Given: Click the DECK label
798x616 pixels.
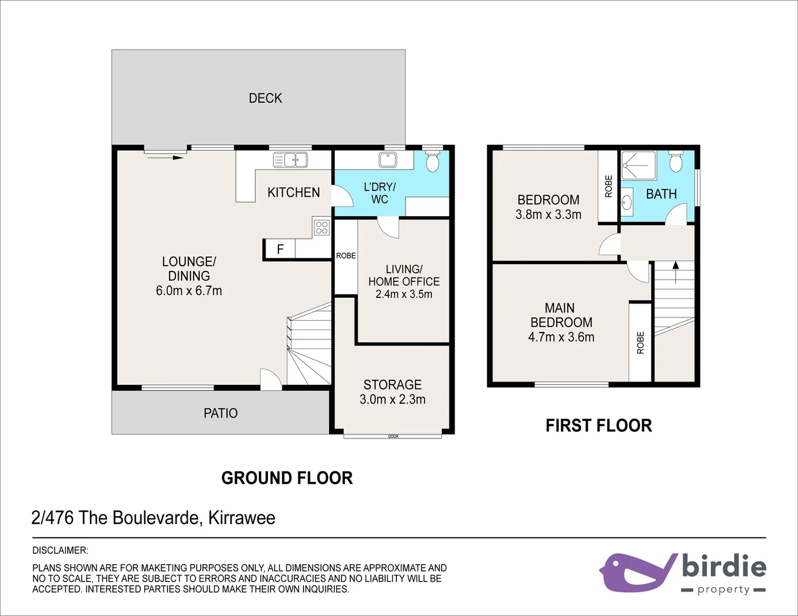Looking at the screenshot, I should click(265, 98).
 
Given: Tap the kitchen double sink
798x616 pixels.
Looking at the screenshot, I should click(290, 160).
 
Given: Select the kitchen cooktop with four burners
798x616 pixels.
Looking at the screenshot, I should click(322, 228).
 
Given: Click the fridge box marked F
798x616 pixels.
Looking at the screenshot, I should click(280, 249).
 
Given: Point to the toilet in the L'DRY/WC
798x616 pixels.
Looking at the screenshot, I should click(433, 161).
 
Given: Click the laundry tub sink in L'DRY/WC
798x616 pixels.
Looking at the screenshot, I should click(388, 160).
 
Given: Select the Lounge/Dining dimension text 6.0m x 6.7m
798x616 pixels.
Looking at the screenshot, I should click(189, 290).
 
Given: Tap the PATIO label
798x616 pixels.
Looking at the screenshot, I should click(221, 413).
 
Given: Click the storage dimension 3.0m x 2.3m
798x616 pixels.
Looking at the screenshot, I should click(392, 399).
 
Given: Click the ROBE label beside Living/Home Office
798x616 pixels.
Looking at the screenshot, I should click(346, 256).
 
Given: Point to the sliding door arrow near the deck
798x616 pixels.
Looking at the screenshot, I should click(165, 157).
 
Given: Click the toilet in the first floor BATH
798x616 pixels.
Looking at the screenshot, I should click(676, 162).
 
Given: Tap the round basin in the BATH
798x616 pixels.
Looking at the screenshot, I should click(627, 202).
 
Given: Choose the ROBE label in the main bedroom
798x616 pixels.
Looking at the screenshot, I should click(640, 342).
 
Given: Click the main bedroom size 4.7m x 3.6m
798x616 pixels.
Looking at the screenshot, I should click(561, 337).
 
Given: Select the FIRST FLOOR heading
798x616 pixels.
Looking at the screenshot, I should click(598, 425).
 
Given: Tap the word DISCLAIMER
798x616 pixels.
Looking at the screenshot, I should click(60, 550).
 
